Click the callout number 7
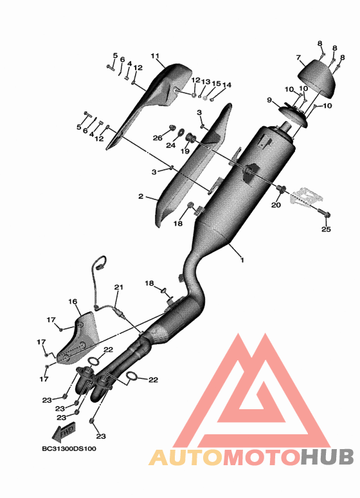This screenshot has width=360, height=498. pyautogui.click(x=298, y=57)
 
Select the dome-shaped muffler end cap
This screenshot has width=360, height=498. pyautogui.click(x=316, y=78)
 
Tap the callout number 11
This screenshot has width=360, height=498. pyautogui.click(x=155, y=56)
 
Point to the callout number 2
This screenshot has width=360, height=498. pyautogui.click(x=141, y=197)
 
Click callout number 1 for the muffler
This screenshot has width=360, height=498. pyautogui.click(x=242, y=260)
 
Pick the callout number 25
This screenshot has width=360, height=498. pyautogui.click(x=326, y=229)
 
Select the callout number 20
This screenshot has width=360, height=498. pyautogui.click(x=276, y=205)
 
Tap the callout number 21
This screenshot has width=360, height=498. pyautogui.click(x=119, y=287)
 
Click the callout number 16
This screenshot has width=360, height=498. pyautogui.click(x=73, y=301)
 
